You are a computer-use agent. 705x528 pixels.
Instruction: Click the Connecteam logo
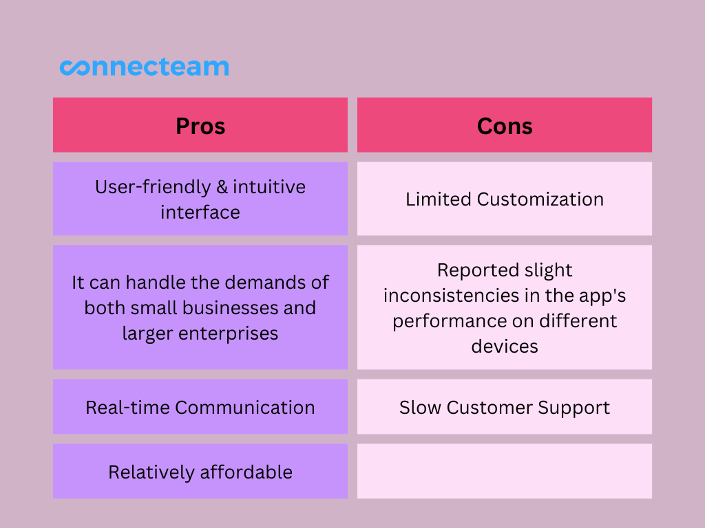[x=145, y=67]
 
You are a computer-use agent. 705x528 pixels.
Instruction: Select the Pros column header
[x=200, y=125]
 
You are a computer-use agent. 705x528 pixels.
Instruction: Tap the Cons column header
[x=505, y=125]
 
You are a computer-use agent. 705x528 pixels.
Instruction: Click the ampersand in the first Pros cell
[x=222, y=187]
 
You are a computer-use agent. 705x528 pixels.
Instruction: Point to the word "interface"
[x=200, y=212]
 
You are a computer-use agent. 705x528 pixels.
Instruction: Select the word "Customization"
[x=540, y=199]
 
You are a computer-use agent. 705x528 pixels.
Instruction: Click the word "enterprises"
[x=228, y=334]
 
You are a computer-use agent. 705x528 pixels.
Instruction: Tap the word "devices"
[x=505, y=346]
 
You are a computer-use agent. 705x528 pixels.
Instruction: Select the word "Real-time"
[x=127, y=408]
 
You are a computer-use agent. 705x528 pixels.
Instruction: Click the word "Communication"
[x=244, y=408]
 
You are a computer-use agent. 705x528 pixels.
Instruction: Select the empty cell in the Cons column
[x=505, y=471]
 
